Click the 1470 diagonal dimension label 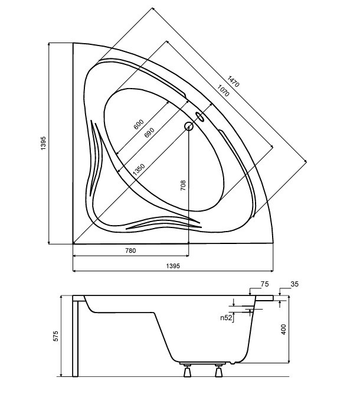pyautogui.click(x=233, y=82)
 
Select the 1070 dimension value pyautogui.click(x=224, y=90)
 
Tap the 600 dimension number pyautogui.click(x=139, y=124)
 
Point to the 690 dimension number pyautogui.click(x=149, y=133)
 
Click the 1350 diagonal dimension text pyautogui.click(x=139, y=170)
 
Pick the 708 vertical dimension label pyautogui.click(x=183, y=186)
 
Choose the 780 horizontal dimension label pyautogui.click(x=130, y=250)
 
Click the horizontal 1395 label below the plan pyautogui.click(x=173, y=266)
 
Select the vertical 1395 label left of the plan pyautogui.click(x=43, y=144)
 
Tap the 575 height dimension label pyautogui.click(x=55, y=336)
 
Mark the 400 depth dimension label pyautogui.click(x=283, y=330)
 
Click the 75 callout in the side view pyautogui.click(x=264, y=284)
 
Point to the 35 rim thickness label pyautogui.click(x=294, y=284)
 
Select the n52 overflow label pyautogui.click(x=226, y=318)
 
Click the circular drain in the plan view pyautogui.click(x=189, y=126)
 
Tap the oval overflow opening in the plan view pyautogui.click(x=200, y=116)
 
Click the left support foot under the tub pyautogui.click(x=187, y=370)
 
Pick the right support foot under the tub pyautogui.click(x=218, y=370)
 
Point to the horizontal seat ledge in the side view pyautogui.click(x=124, y=313)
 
